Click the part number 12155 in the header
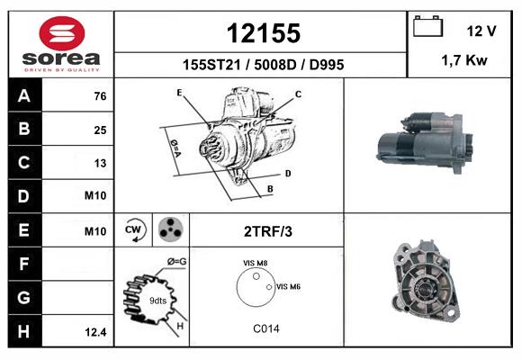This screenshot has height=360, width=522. click(x=262, y=33)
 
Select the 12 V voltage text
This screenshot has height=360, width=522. click(x=481, y=31)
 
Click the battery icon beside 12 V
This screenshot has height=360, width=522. click(x=427, y=27)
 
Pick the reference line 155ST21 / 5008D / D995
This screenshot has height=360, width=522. click(x=263, y=66)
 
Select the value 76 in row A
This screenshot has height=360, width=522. click(x=100, y=96)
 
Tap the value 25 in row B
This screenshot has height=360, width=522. click(x=100, y=130)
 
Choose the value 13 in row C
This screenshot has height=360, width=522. click(x=100, y=163)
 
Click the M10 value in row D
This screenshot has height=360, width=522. click(x=95, y=196)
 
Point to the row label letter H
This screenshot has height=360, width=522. click(x=24, y=331)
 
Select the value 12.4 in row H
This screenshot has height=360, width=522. click(x=95, y=332)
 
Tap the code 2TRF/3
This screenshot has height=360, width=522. click(x=268, y=231)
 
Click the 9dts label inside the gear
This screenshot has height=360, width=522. click(x=157, y=300)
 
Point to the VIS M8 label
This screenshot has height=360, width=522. click(x=256, y=263)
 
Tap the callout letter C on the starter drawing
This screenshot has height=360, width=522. click(x=298, y=94)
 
